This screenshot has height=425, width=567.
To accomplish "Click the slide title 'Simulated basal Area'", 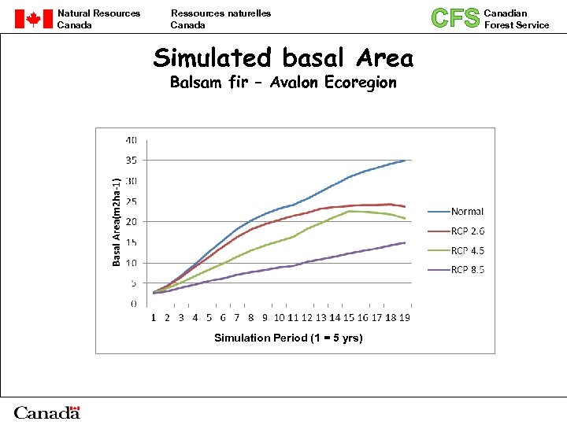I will coord(283,57).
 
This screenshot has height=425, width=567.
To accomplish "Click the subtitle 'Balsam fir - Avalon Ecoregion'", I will coord(283,83).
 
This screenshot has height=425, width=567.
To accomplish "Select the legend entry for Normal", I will coord(467,212).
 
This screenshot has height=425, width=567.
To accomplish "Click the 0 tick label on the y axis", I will coord(133,304).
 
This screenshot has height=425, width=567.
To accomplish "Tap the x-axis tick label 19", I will coord(403,318).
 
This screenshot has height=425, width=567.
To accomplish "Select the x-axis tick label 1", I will coord(154,318).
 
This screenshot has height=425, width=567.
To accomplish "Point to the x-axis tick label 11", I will coord(292,318).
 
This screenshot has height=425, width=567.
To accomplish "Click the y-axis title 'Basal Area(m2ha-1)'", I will coord(117,222).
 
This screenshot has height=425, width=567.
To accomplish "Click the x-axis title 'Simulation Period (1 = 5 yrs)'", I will coord(288,338).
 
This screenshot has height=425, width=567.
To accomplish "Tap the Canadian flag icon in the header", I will coord(33,19).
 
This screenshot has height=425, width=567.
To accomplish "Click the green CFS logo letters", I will coord(455,18).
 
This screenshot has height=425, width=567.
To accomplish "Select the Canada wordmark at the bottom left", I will coord(47,412).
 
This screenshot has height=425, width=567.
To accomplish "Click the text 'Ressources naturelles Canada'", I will coord(220,19).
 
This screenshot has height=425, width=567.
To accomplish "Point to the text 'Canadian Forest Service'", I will coord(517,19).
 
